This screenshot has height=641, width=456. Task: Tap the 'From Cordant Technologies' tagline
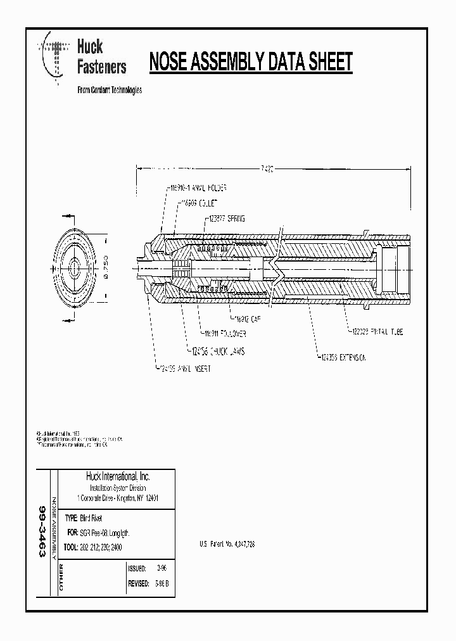click(x=109, y=90)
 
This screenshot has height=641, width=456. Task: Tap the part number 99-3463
click(x=42, y=531)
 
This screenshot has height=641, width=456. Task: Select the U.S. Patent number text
click(x=227, y=544)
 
